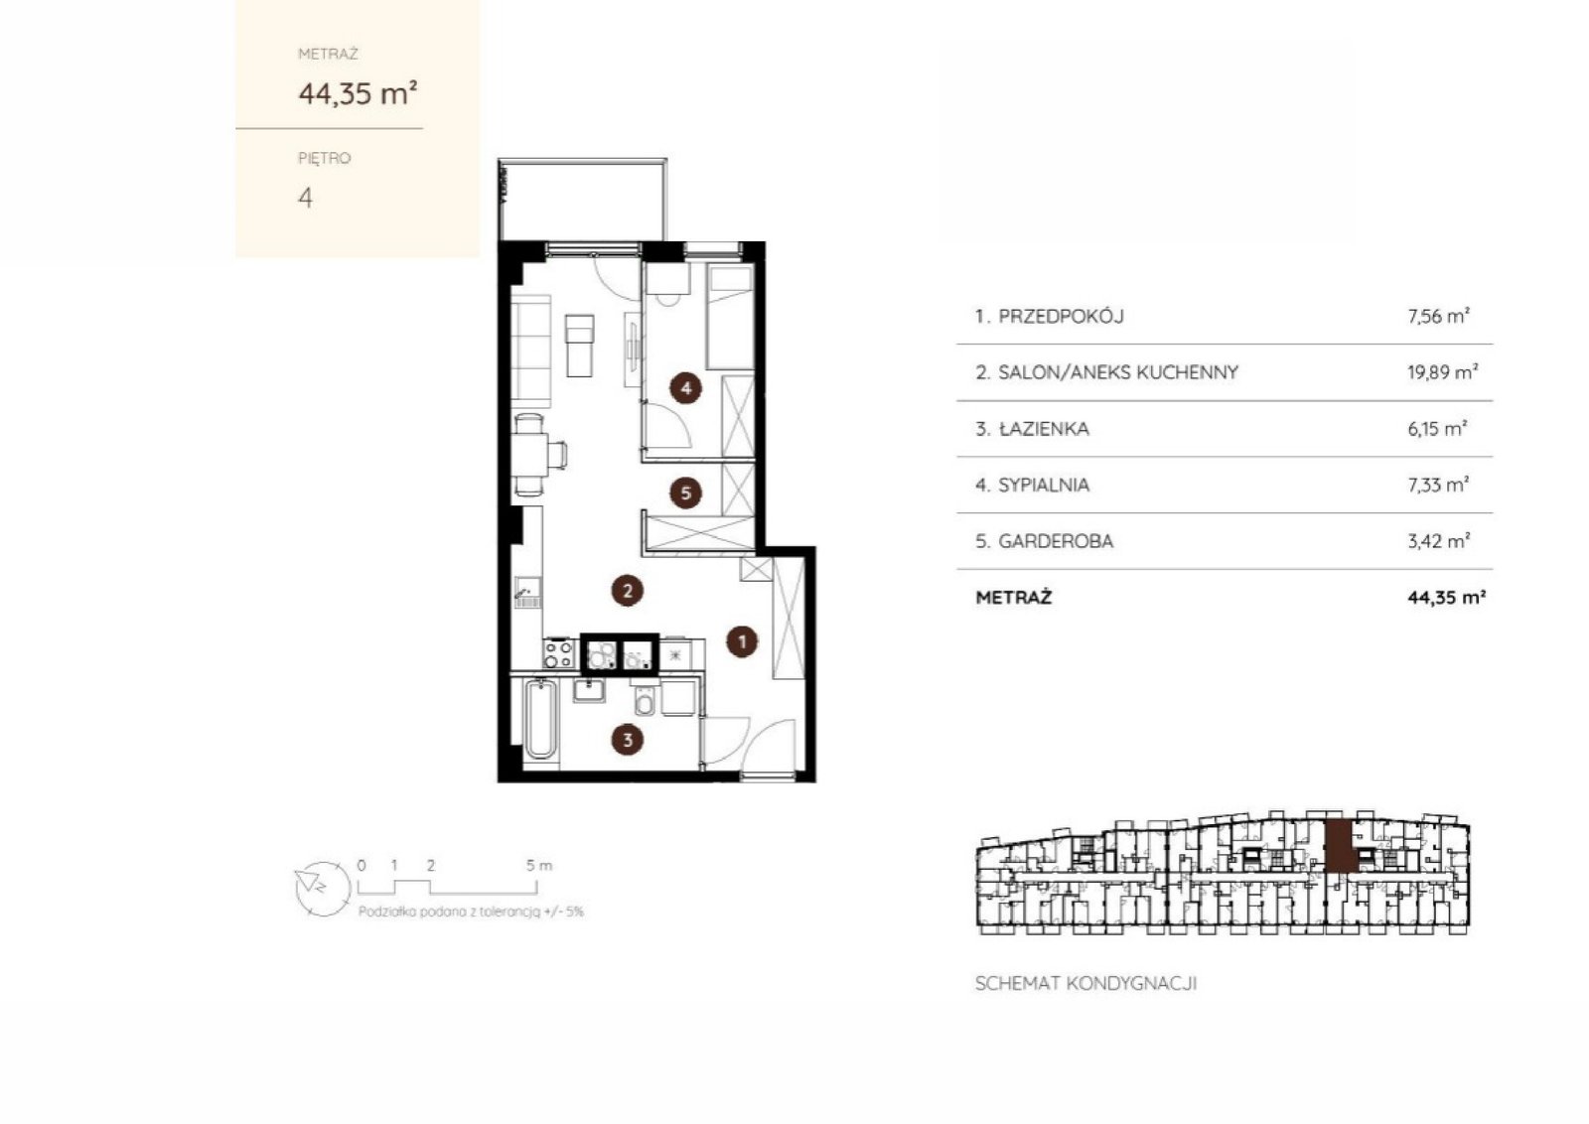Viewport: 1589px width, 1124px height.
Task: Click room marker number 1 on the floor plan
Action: pyautogui.click(x=742, y=641)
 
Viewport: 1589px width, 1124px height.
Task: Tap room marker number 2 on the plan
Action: pyautogui.click(x=627, y=590)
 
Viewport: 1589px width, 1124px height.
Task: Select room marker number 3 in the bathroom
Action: pyautogui.click(x=627, y=740)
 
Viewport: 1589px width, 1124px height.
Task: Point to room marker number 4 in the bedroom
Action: pyautogui.click(x=686, y=388)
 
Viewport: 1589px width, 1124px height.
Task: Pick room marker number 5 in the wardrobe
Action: pyautogui.click(x=686, y=492)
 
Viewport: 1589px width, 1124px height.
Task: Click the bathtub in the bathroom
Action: pyautogui.click(x=540, y=719)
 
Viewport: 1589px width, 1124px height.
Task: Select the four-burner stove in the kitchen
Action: pyautogui.click(x=559, y=653)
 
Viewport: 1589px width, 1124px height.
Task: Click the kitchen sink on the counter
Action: pyautogui.click(x=527, y=593)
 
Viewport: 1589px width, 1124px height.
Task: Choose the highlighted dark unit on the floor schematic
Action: pyautogui.click(x=1338, y=845)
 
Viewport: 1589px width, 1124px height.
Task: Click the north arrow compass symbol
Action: pyautogui.click(x=323, y=888)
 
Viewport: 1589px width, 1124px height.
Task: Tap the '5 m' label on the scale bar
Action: pyautogui.click(x=538, y=865)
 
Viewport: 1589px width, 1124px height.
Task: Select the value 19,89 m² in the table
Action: pyautogui.click(x=1442, y=371)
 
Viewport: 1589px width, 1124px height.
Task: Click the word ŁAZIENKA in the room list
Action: pyautogui.click(x=1044, y=428)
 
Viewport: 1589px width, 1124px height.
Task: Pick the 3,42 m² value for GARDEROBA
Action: pyautogui.click(x=1439, y=541)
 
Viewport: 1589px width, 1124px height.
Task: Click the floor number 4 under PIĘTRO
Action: pyautogui.click(x=305, y=198)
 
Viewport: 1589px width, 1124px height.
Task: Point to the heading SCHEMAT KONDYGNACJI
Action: pyautogui.click(x=1086, y=984)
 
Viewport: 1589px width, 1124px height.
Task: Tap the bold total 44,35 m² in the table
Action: pyautogui.click(x=1446, y=597)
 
